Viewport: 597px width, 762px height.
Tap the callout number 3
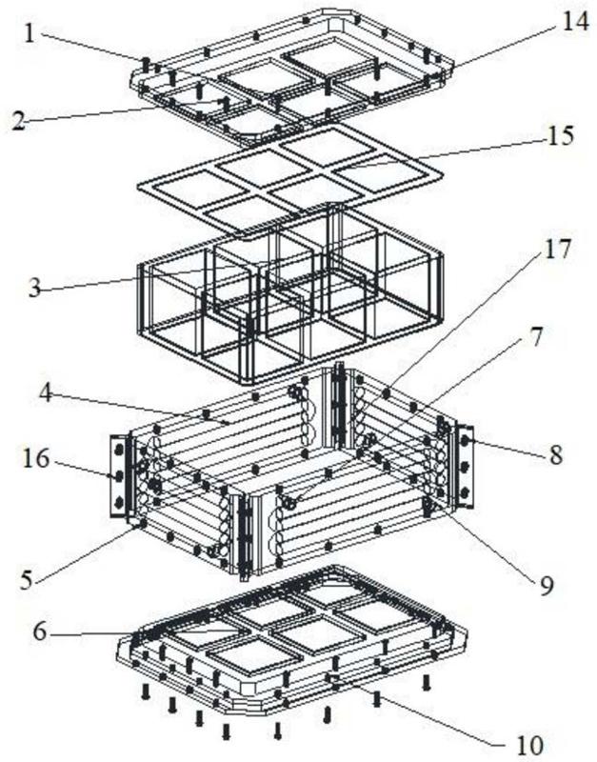point(35,289)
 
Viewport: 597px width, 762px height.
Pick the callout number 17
point(559,250)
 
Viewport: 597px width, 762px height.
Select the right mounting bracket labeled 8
point(465,465)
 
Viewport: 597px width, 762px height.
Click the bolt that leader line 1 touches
point(146,64)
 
